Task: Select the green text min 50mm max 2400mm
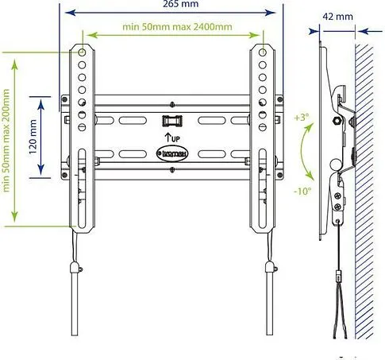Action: coord(177,26)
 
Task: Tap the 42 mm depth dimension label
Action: coord(338,16)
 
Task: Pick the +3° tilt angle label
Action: coord(300,118)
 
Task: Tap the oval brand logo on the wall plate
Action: coord(174,153)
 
